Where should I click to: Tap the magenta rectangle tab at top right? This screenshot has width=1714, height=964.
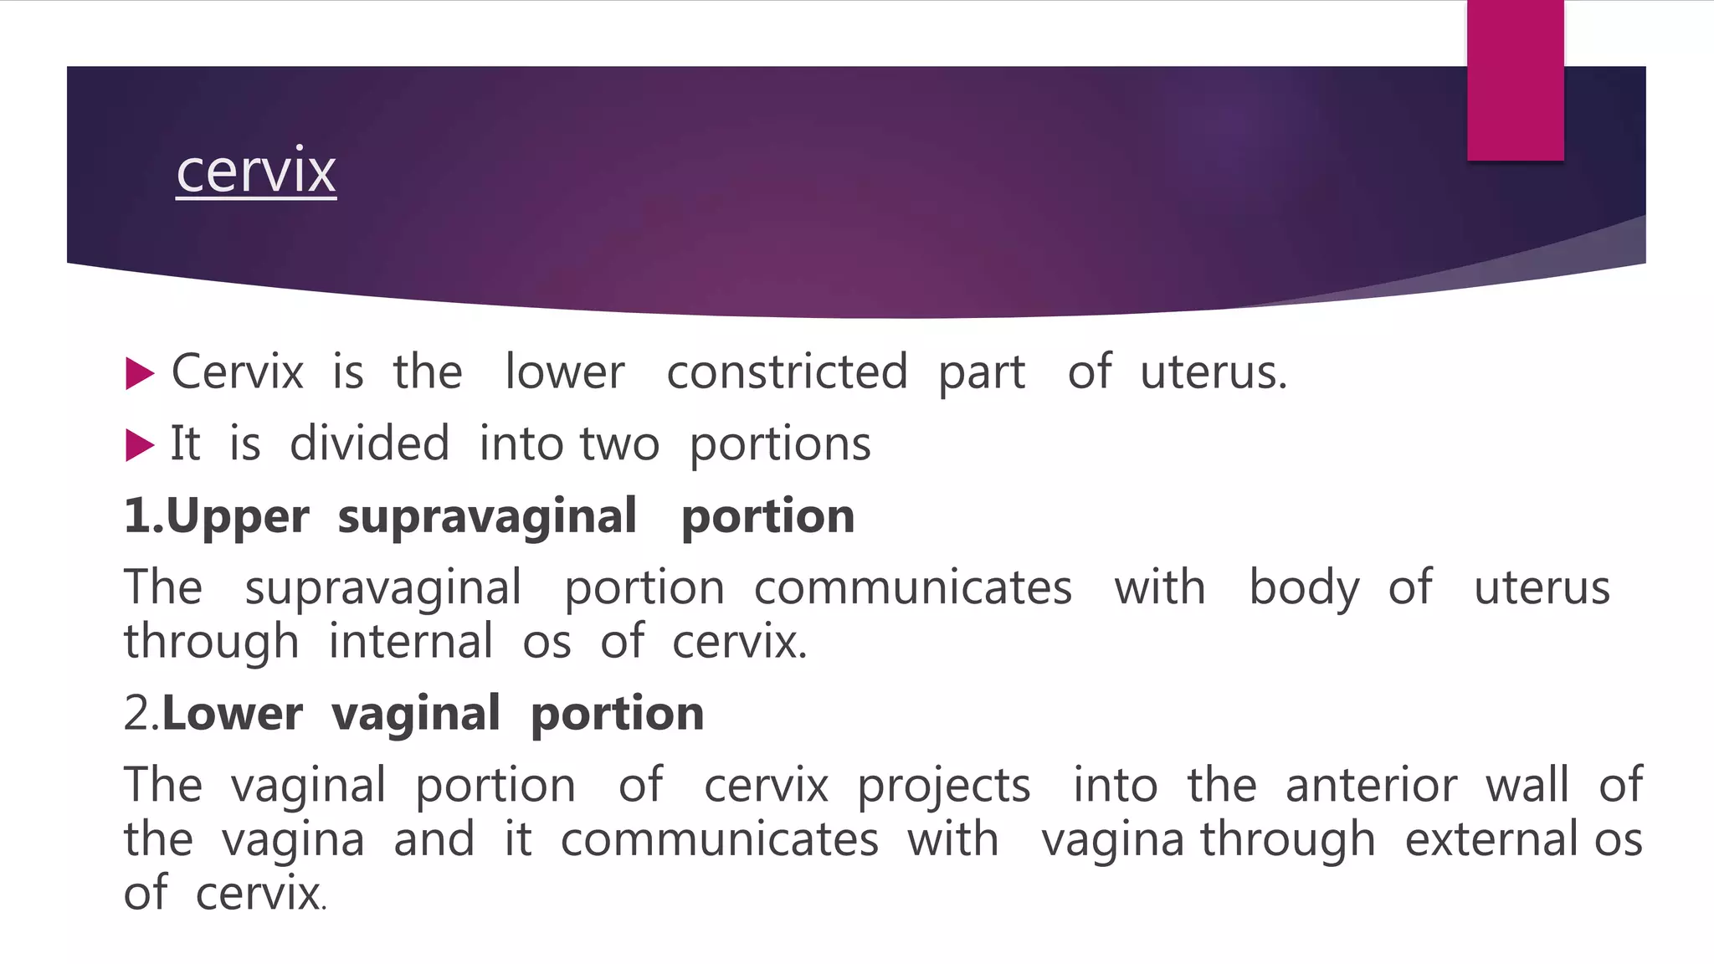click(1515, 80)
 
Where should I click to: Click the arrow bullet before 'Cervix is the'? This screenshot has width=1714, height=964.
click(140, 373)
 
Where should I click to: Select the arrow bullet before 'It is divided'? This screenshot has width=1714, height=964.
click(140, 445)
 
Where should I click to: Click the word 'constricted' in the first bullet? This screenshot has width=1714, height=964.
click(787, 372)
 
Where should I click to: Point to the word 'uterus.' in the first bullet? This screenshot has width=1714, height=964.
click(1213, 372)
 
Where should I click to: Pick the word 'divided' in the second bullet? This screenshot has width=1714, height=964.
click(369, 444)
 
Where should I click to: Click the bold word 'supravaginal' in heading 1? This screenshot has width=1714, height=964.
click(487, 515)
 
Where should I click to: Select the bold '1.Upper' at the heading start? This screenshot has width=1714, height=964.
click(217, 516)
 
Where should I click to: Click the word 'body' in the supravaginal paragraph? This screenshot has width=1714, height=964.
click(1304, 587)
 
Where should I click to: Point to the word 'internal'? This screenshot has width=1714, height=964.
click(410, 642)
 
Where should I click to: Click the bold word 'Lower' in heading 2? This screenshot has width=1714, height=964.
click(232, 714)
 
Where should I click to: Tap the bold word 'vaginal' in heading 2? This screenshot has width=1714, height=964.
click(416, 714)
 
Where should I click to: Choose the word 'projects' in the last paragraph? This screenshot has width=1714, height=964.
click(944, 786)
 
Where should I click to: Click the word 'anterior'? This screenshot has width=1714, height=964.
click(1371, 785)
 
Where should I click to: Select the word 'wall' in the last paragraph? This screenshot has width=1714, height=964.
click(1527, 785)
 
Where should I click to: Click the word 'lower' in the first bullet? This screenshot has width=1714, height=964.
click(565, 372)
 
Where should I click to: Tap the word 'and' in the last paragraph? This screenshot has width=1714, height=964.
click(434, 839)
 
